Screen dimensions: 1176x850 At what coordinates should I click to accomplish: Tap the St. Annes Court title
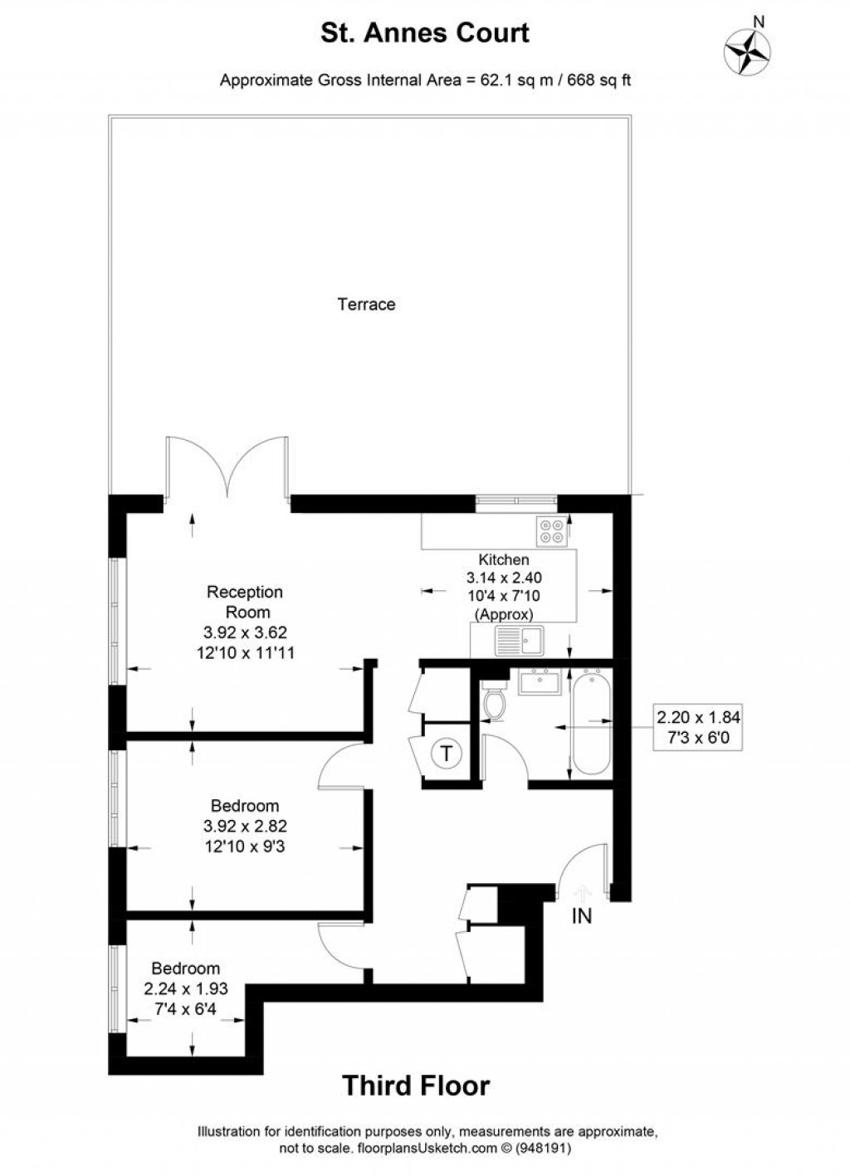click(x=425, y=33)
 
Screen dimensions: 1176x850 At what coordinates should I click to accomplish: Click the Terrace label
click(x=366, y=305)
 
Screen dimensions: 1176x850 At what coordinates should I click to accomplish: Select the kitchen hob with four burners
click(x=552, y=530)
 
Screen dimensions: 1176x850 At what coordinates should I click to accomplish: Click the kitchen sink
click(x=519, y=640)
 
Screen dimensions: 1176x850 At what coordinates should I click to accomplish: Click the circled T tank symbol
click(x=447, y=754)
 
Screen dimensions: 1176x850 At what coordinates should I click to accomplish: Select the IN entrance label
click(x=582, y=916)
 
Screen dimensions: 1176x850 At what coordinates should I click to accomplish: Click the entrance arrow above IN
click(x=582, y=891)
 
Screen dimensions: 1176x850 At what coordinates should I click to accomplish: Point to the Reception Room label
click(x=245, y=602)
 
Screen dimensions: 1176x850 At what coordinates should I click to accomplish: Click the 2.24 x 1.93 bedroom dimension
click(x=186, y=989)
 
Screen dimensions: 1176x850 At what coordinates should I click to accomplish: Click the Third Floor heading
click(x=416, y=1085)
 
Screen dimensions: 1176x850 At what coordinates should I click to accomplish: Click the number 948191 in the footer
click(x=545, y=1150)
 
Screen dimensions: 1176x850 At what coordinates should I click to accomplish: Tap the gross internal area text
click(x=425, y=81)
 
